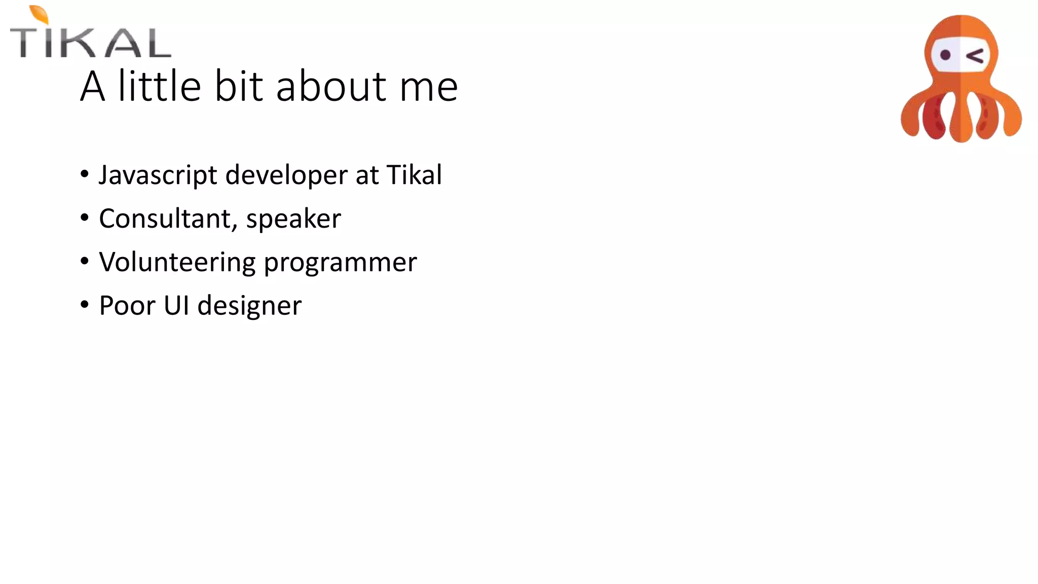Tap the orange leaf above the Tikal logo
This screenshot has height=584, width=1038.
[40, 14]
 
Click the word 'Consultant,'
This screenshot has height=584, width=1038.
[166, 219]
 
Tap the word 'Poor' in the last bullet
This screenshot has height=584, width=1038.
[127, 306]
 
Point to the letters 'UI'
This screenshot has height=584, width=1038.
[176, 306]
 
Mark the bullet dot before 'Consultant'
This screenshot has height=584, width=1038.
[85, 218]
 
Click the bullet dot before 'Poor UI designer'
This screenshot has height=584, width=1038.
[85, 305]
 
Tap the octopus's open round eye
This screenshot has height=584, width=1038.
[945, 55]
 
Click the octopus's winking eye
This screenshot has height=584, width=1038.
[975, 56]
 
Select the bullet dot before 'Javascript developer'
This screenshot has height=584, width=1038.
[85, 174]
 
